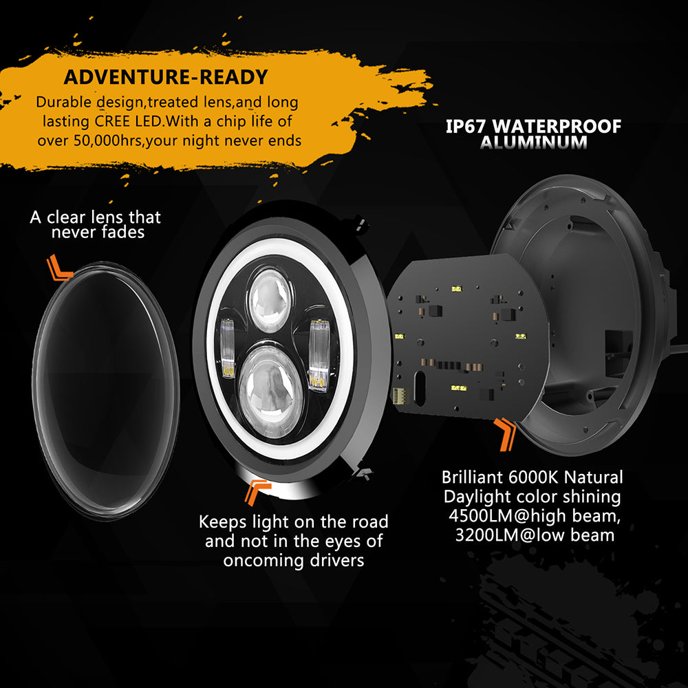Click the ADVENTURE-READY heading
166,76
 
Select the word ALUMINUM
534,143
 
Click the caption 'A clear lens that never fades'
96,225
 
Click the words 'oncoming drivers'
293,560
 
